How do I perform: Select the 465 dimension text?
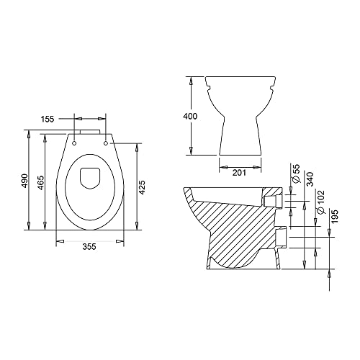click(x=41, y=183)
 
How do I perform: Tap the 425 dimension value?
click(x=142, y=187)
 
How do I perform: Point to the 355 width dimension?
click(x=89, y=246)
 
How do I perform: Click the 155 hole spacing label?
click(x=48, y=119)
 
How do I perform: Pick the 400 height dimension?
click(x=190, y=116)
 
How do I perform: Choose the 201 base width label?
click(x=239, y=173)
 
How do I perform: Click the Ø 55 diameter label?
click(x=297, y=174)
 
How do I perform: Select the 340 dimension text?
click(x=310, y=179)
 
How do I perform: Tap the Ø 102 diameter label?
click(x=320, y=202)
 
